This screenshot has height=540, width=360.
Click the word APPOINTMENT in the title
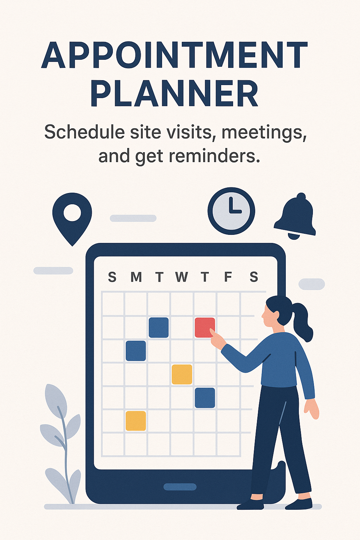click(175, 55)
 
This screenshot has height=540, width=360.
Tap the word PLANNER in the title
click(175, 94)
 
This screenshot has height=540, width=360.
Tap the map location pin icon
click(72, 219)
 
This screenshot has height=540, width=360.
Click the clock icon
click(231, 211)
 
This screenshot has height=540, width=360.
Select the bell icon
click(295, 216)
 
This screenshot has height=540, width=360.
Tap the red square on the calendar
click(205, 327)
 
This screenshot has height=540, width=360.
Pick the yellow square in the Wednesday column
click(182, 374)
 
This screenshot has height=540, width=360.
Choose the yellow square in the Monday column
click(136, 421)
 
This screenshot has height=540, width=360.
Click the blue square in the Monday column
click(136, 351)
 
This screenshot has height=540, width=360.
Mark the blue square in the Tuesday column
click(159, 327)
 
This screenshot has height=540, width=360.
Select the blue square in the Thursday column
click(205, 398)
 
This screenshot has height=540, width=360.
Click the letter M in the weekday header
click(136, 277)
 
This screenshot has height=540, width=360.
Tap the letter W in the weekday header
click(181, 277)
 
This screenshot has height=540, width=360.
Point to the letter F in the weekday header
click(228, 277)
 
